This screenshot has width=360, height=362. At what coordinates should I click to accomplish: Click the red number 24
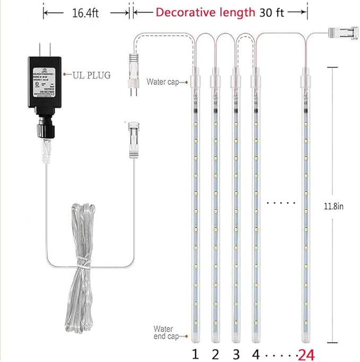307,352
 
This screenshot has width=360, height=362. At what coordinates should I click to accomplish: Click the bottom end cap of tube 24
306,338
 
